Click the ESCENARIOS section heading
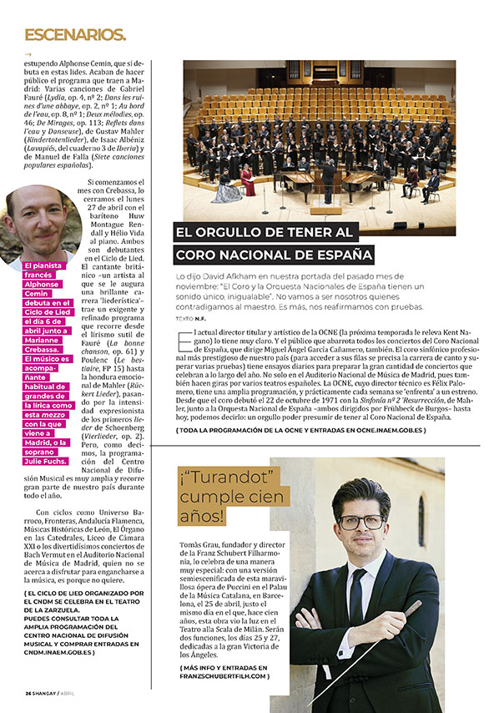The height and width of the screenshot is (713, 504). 75,35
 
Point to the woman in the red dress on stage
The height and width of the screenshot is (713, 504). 248,178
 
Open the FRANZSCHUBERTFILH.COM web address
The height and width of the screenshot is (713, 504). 224,675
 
